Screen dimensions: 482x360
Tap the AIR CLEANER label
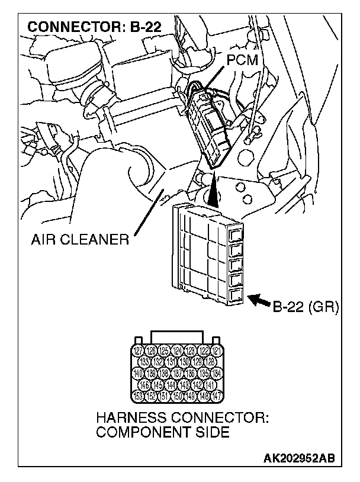pos(81,240)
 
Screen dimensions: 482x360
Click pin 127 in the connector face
pos(137,351)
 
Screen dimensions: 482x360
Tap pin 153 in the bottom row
pos(137,396)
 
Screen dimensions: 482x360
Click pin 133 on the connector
pos(144,362)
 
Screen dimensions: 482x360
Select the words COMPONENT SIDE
pos(163,432)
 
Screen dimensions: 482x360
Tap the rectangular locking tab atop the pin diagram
pos(177,337)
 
